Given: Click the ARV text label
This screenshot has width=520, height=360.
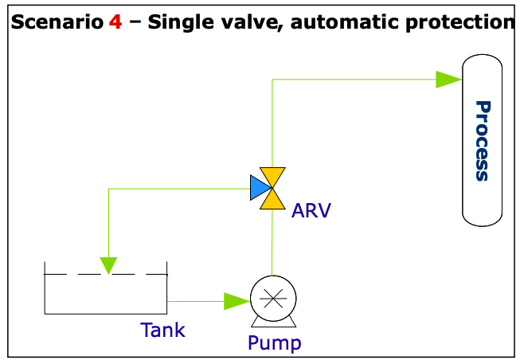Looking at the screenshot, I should click(311, 211).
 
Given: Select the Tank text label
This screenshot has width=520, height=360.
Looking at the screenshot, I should click(162, 329).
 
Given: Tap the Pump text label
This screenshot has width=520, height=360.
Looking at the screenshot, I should click(274, 343).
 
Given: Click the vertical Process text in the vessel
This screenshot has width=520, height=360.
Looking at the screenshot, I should click(482, 141).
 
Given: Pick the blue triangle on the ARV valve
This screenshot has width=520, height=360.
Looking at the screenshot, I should click(258, 188).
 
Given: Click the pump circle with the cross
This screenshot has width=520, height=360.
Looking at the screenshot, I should click(272, 299).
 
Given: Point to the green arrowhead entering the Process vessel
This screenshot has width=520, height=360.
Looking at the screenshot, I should click(448, 79).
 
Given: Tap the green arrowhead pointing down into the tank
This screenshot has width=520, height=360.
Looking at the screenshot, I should click(108, 264).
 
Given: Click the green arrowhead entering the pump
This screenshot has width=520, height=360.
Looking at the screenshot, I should click(237, 301).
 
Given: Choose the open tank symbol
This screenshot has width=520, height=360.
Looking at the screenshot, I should click(105, 291).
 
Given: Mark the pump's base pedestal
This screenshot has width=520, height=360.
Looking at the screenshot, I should click(272, 322).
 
